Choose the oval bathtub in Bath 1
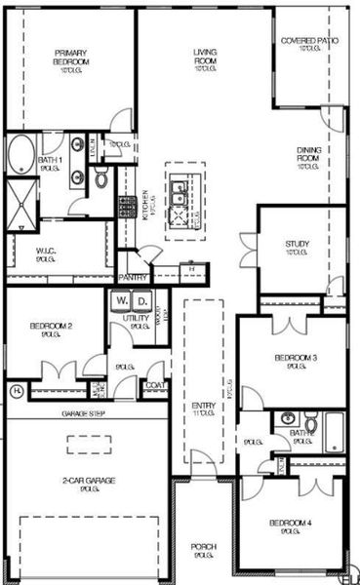21,155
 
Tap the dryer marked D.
142,302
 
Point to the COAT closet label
154,385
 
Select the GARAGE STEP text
84,414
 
